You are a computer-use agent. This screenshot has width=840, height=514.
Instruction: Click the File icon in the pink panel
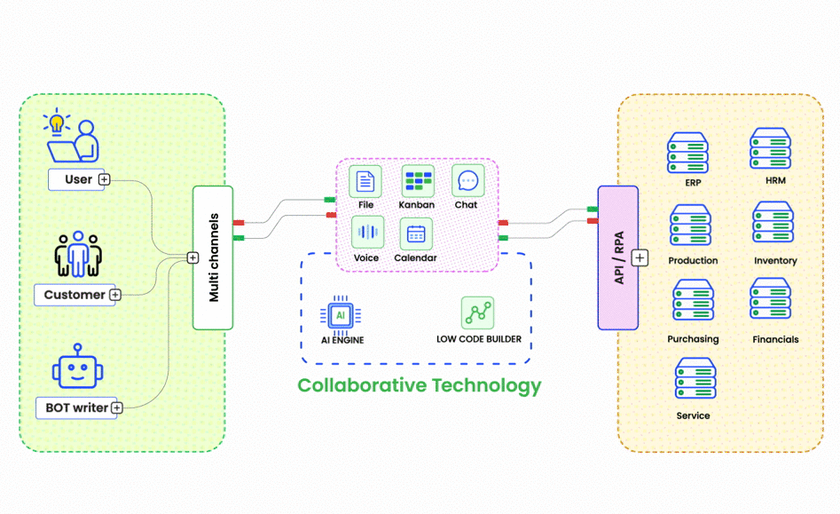[365, 182]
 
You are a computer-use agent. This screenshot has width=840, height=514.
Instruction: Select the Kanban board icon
[418, 182]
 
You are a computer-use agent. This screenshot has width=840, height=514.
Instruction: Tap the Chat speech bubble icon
[467, 181]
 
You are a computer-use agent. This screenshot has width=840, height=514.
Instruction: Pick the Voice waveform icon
[367, 233]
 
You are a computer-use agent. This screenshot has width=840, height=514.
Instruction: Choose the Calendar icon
[417, 234]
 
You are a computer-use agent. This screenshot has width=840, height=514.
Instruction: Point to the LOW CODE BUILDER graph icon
[478, 313]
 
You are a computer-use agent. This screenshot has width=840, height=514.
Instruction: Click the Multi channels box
[213, 257]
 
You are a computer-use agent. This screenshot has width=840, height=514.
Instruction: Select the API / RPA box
[617, 257]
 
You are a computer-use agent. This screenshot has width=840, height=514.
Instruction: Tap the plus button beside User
[104, 179]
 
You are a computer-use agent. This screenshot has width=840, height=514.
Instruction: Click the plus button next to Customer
[114, 295]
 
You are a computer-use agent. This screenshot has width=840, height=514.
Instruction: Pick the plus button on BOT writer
[116, 408]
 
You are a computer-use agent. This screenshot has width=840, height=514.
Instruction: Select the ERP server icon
[687, 154]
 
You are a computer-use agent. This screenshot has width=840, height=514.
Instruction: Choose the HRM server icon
[770, 149]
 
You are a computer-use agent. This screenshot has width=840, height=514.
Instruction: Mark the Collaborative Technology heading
[419, 385]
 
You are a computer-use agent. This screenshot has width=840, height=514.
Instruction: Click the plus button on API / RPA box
[640, 258]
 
